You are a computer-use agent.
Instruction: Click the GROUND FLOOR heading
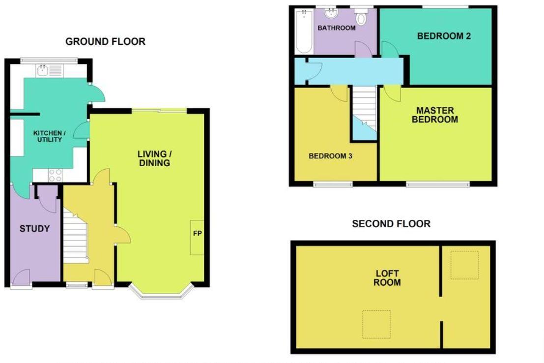click(105, 41)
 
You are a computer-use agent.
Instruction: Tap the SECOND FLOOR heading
click(391, 224)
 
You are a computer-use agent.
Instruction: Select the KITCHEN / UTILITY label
click(48, 136)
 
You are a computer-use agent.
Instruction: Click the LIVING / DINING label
click(153, 158)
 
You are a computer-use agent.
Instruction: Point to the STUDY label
click(34, 228)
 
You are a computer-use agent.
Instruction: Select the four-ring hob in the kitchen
click(55, 175)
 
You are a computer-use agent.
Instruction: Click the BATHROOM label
click(336, 28)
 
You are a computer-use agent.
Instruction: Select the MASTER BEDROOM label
click(435, 115)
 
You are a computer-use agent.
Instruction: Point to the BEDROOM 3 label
click(330, 156)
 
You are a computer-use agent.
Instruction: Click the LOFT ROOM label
click(387, 278)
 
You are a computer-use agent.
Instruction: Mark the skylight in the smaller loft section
click(464, 265)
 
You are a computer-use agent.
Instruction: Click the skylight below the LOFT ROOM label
click(376, 324)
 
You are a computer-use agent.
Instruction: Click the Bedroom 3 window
click(333, 185)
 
